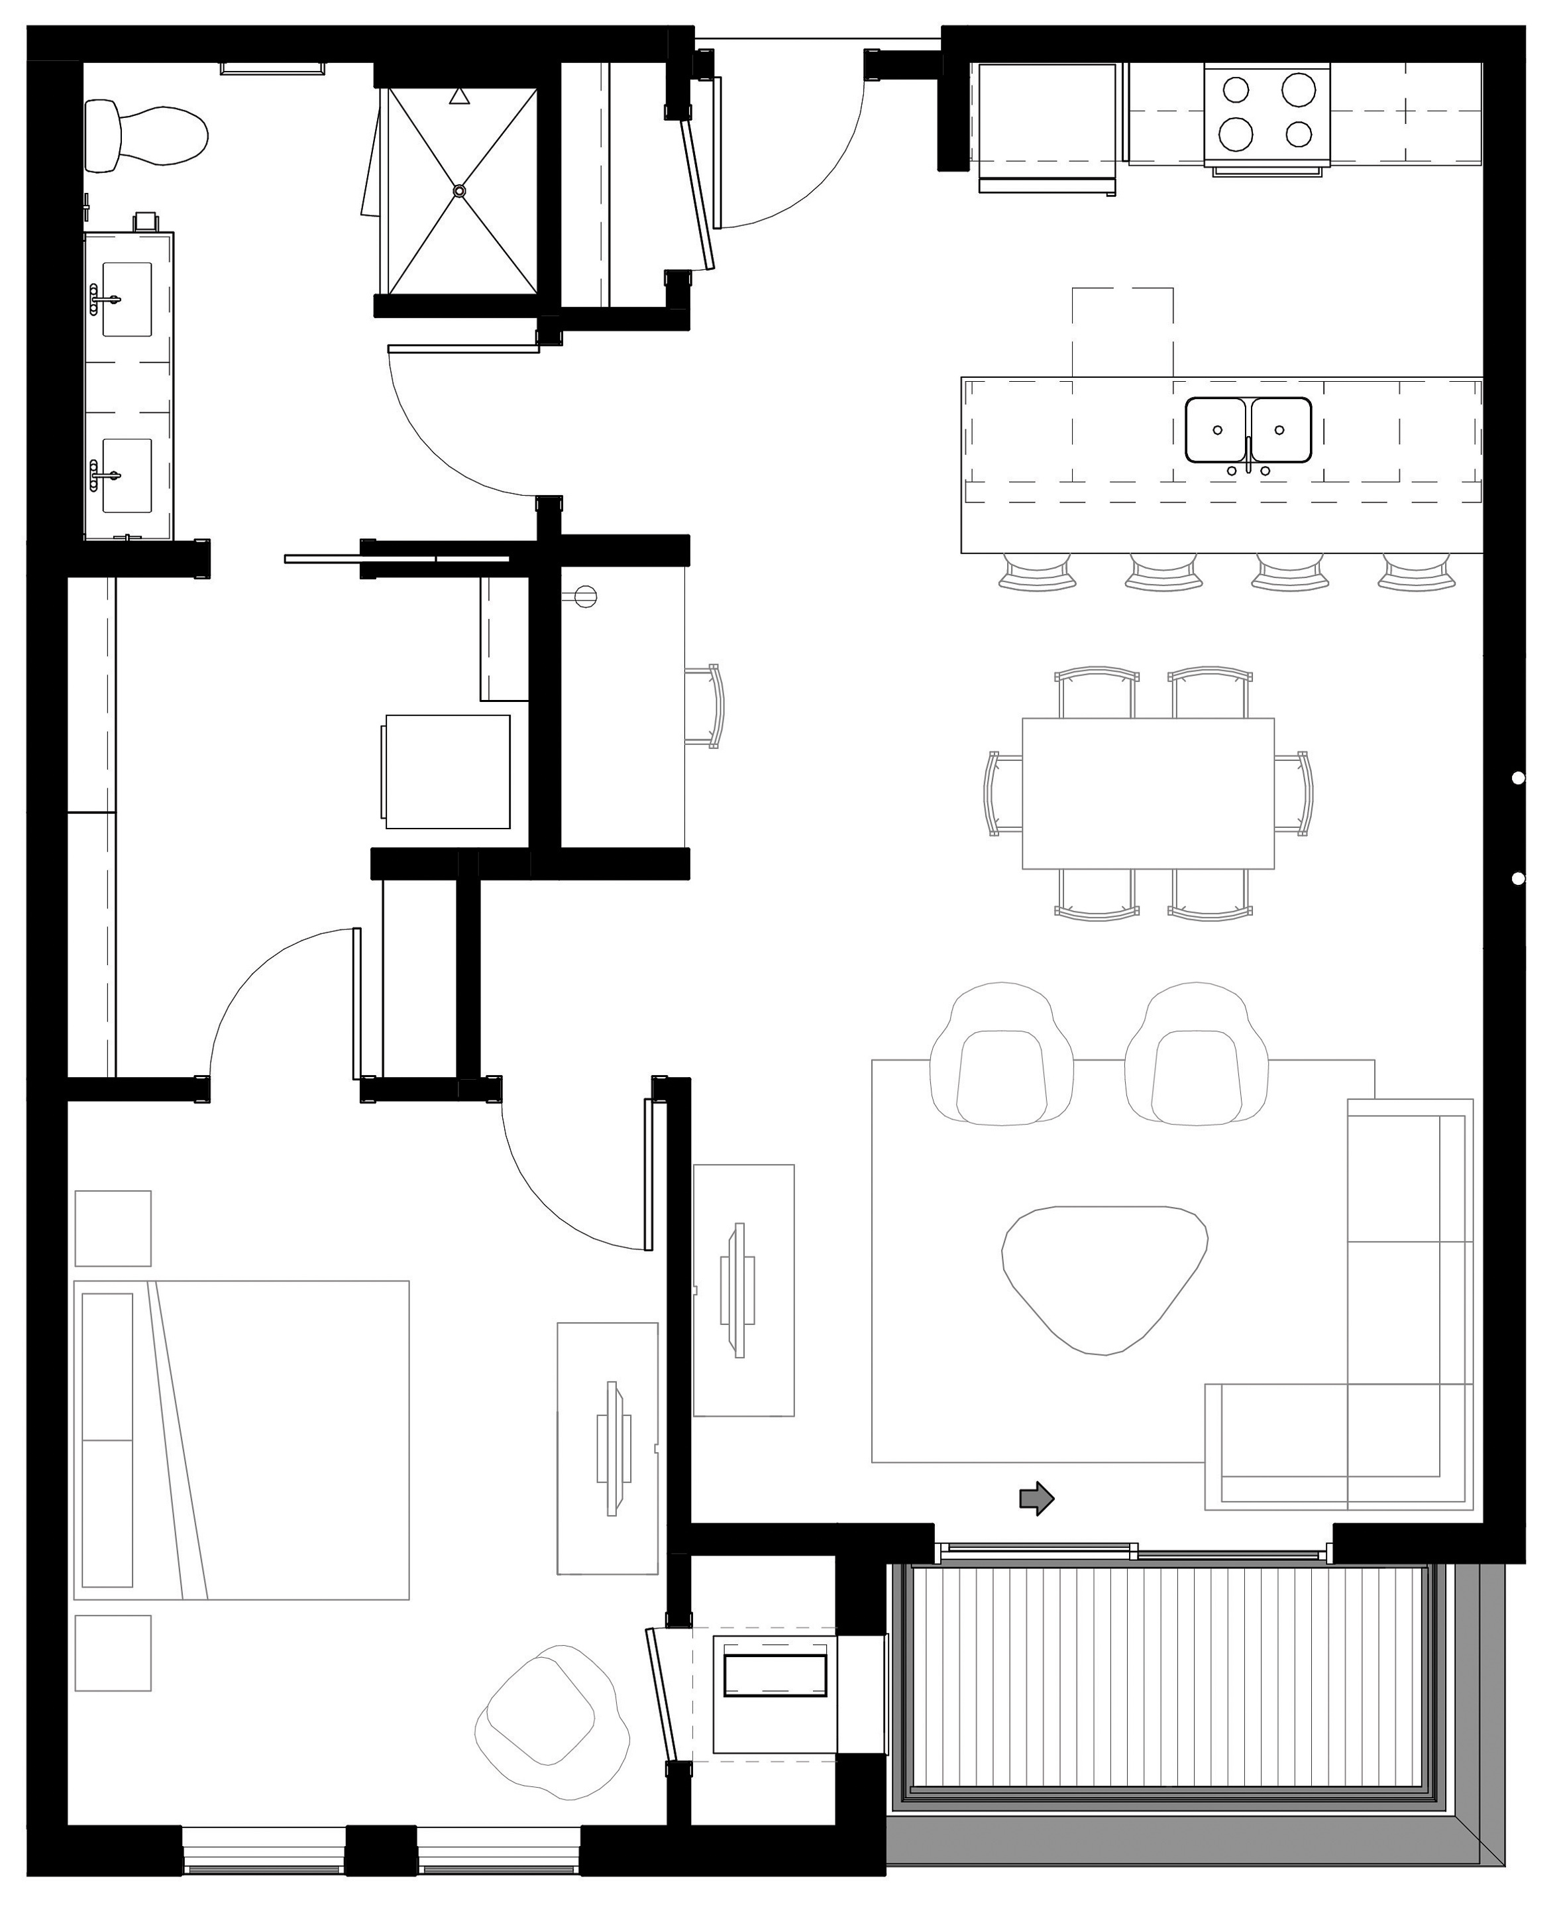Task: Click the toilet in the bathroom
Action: (x=148, y=137)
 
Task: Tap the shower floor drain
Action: (x=460, y=191)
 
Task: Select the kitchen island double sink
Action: (x=1248, y=430)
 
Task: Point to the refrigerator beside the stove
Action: (x=1048, y=121)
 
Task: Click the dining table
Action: (x=1148, y=793)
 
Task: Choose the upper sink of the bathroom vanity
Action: (x=127, y=300)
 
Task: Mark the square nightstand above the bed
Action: (x=113, y=1228)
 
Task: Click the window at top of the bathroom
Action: (x=272, y=68)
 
